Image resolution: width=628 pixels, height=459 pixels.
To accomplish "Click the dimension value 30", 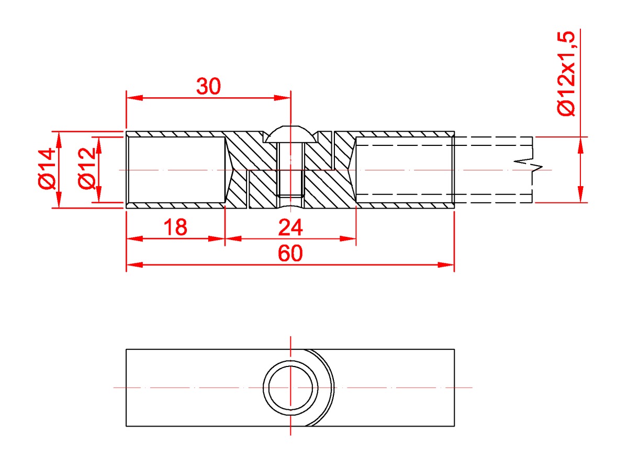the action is (x=209, y=86).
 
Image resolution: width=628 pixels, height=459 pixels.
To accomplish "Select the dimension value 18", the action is (x=175, y=227).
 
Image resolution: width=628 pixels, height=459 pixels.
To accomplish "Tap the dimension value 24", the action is (x=290, y=227).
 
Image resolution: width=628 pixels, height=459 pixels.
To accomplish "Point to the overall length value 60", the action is (x=290, y=253).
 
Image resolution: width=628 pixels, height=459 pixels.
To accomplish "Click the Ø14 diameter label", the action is (x=47, y=169).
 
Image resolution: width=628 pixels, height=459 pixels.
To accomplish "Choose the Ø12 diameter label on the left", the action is (x=87, y=168).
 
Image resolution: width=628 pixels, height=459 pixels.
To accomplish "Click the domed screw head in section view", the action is (x=290, y=134).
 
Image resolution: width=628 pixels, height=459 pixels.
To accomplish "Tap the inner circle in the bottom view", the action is (x=291, y=388).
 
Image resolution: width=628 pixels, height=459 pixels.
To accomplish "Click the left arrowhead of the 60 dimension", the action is (x=134, y=265).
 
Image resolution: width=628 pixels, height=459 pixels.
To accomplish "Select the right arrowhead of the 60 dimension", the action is (x=446, y=265).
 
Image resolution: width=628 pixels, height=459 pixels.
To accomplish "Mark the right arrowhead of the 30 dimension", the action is (x=282, y=98).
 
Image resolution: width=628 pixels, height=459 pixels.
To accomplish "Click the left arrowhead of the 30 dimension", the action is (x=134, y=98).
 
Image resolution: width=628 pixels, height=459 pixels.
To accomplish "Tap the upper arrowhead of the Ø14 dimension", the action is (x=59, y=140).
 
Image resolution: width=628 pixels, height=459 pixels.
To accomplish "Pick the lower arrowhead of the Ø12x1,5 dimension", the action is (x=580, y=194).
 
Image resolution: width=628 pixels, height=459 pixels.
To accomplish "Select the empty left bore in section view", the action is (x=177, y=170).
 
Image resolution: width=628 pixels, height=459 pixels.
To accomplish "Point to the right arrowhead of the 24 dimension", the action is (x=348, y=239).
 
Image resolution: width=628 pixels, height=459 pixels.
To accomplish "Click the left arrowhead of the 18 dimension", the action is (x=134, y=239).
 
